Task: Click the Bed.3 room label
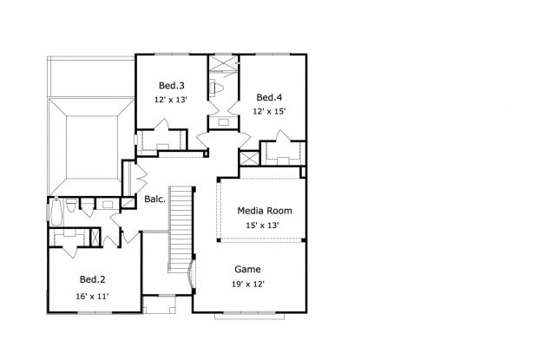(x=171, y=85)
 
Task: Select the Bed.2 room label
(x=93, y=279)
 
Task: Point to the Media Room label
(x=265, y=211)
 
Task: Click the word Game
(x=247, y=269)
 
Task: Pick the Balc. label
(x=155, y=199)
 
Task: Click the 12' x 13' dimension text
(x=171, y=101)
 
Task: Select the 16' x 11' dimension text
(x=93, y=297)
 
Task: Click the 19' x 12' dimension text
(x=247, y=285)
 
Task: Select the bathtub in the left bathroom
(x=55, y=210)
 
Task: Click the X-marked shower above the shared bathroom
(x=223, y=62)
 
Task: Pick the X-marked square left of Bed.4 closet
(x=248, y=158)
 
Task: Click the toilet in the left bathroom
(x=71, y=206)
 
